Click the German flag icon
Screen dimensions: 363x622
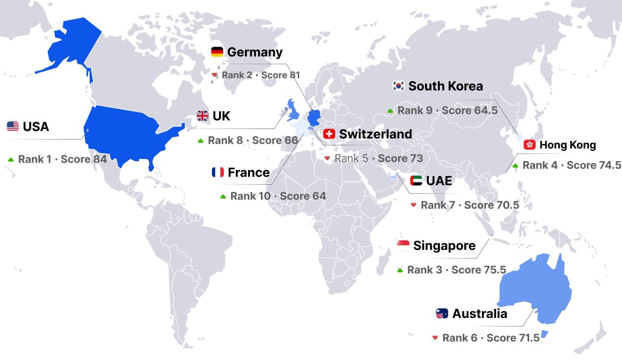click(x=217, y=52)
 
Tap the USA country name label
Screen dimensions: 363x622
click(x=36, y=127)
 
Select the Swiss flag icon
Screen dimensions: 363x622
click(x=329, y=134)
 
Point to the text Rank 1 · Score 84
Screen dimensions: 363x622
click(x=62, y=159)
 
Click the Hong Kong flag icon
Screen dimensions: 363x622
click(x=529, y=145)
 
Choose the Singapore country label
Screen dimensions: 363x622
click(x=444, y=246)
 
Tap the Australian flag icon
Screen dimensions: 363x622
click(x=442, y=314)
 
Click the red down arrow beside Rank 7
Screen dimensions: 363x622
click(x=413, y=205)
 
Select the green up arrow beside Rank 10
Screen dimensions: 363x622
click(x=223, y=197)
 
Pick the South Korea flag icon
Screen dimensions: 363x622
click(x=399, y=86)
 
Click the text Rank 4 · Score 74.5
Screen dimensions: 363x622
click(x=572, y=165)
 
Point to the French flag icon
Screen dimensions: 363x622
click(x=218, y=172)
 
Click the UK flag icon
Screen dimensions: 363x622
click(x=203, y=116)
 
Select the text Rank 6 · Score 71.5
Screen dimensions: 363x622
click(x=491, y=338)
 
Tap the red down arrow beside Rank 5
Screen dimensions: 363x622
click(x=327, y=158)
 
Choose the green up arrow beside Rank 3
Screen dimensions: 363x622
click(x=400, y=270)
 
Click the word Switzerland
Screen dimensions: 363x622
click(x=376, y=134)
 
